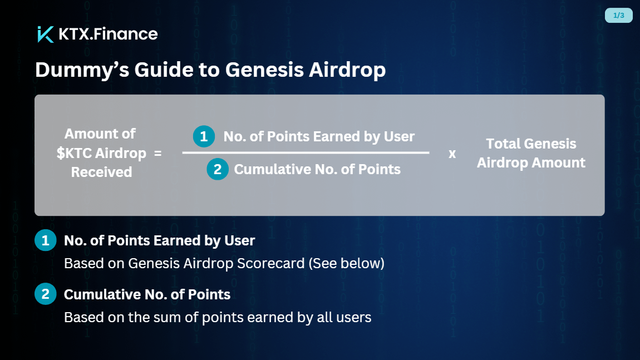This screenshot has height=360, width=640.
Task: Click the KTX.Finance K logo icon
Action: [x=45, y=34]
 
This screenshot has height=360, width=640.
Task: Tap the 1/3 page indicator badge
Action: [x=618, y=16]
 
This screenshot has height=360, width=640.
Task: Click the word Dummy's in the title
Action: [x=82, y=70]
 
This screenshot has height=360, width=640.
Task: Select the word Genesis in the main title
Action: [x=264, y=70]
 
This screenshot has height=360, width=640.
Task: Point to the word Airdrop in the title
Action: [x=347, y=70]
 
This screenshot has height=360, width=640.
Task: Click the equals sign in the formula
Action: [x=157, y=154]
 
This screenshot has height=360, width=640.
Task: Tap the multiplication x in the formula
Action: [x=452, y=154]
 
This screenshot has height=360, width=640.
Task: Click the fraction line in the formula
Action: [x=306, y=152]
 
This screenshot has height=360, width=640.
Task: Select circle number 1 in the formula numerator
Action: [x=204, y=136]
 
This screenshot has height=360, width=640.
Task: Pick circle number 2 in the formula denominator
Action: [x=218, y=169]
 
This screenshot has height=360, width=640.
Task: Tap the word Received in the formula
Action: [x=102, y=172]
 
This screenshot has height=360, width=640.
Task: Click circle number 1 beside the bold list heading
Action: [x=45, y=240]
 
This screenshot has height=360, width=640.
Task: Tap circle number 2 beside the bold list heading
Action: [x=45, y=294]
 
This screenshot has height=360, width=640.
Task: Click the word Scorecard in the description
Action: [x=270, y=263]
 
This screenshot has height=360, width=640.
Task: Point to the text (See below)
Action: [x=347, y=263]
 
